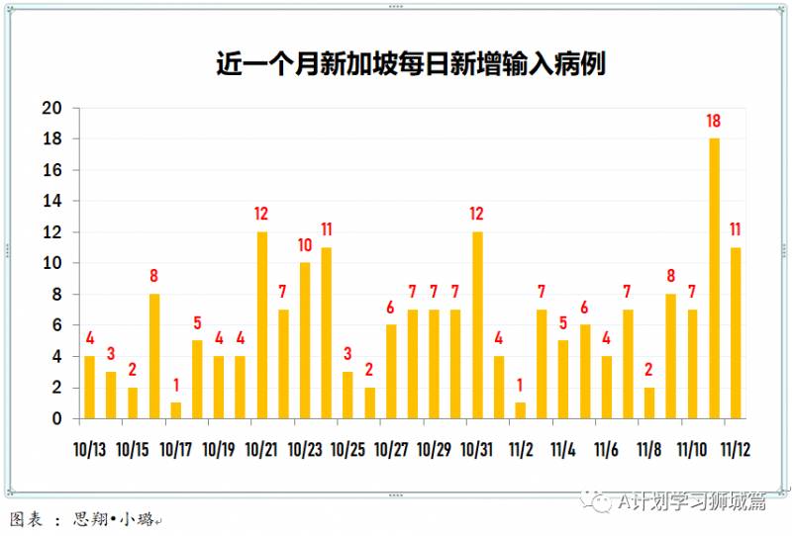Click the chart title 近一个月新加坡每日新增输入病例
(410, 64)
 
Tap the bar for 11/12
(736, 332)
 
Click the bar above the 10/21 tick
(262, 324)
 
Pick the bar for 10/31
(477, 324)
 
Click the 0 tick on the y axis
(57, 418)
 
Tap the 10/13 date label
(90, 449)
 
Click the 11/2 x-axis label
(521, 449)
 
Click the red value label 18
(713, 122)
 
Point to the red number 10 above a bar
(305, 245)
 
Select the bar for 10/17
(176, 409)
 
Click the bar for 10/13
(90, 387)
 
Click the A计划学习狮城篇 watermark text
(693, 502)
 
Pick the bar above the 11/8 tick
(649, 402)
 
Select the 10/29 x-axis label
(435, 449)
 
